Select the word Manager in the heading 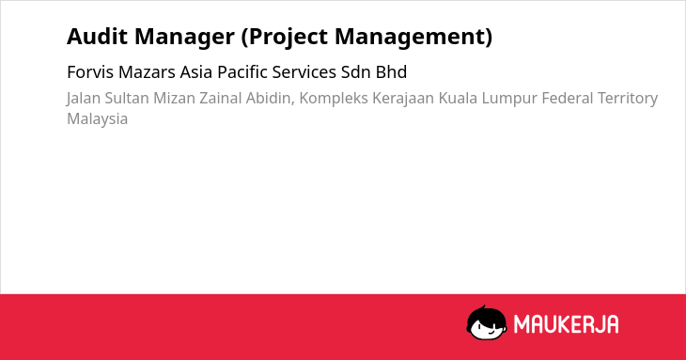point(184,38)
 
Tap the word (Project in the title point(285,38)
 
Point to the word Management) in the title point(413,38)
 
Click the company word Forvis point(90,72)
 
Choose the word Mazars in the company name point(147,72)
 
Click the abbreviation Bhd point(391,72)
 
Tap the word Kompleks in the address point(334,99)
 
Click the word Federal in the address point(568,98)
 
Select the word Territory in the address point(628,99)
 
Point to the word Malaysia point(97,119)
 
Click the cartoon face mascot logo point(487,323)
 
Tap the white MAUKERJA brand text point(566,324)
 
